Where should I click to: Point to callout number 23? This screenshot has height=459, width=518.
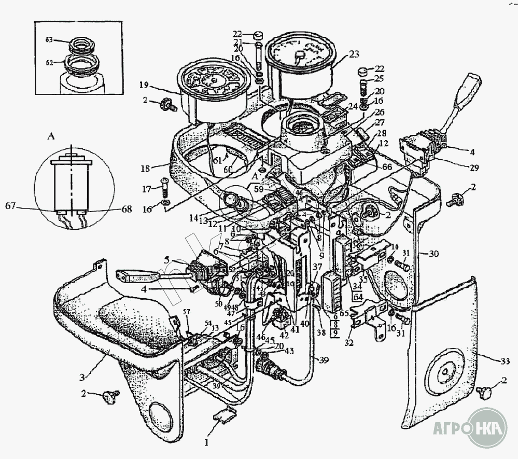(354, 54)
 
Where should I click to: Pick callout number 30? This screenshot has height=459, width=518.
(433, 254)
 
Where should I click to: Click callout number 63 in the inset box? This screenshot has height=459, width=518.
(49, 39)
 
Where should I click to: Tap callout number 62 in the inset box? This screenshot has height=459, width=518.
(49, 62)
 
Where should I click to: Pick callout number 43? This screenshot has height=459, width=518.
(289, 352)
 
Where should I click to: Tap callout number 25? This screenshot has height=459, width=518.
(379, 78)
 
